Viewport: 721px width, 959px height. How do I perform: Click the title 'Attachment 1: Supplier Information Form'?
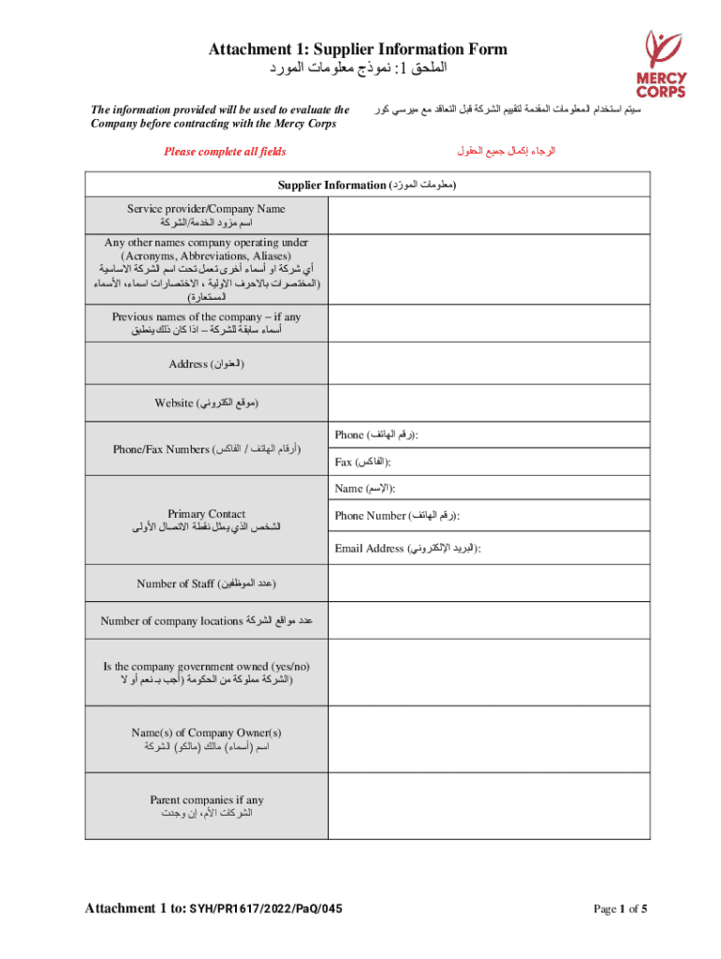358,49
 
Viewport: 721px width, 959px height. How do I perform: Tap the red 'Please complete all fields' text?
225,152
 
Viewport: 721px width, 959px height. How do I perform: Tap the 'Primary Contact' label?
206,513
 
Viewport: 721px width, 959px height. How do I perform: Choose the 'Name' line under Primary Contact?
364,488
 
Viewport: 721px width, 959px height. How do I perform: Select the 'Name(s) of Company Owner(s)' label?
206,732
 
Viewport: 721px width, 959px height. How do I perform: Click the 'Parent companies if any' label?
206,800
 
